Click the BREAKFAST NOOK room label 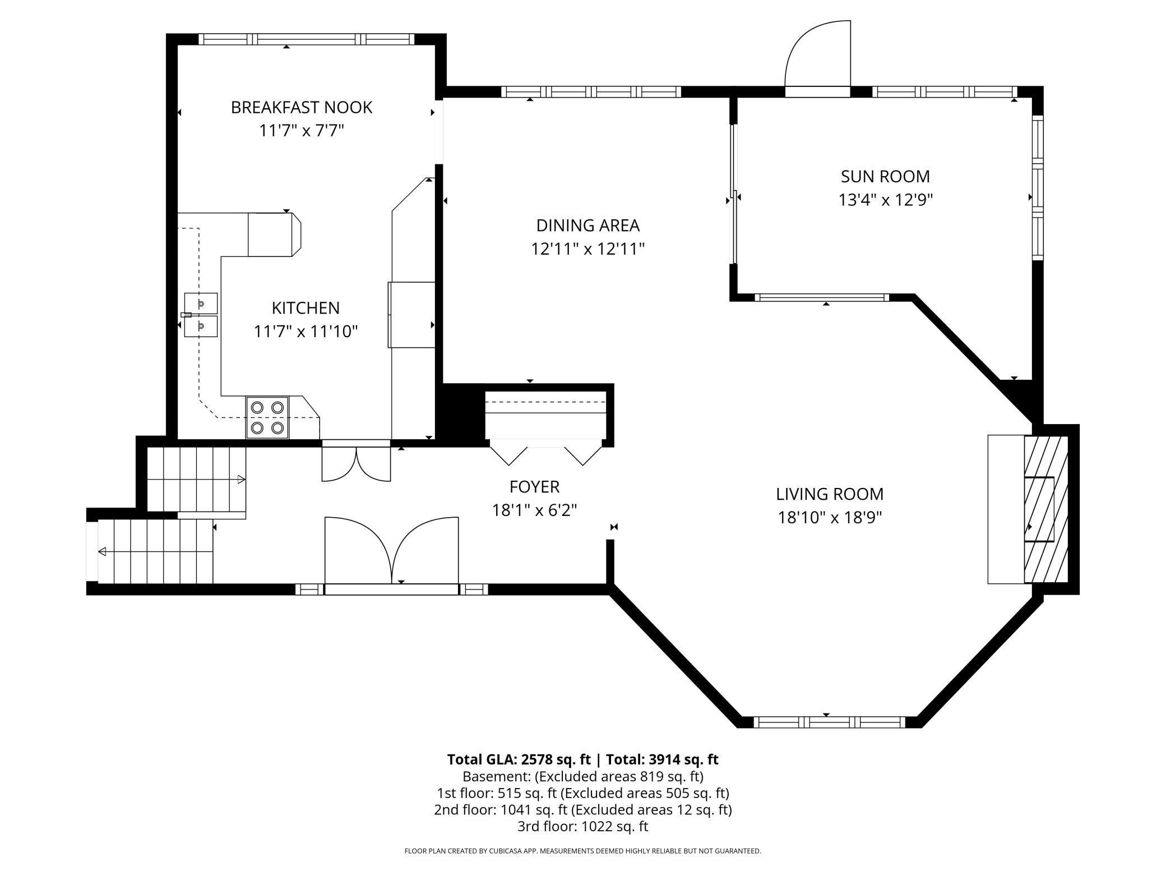click(302, 107)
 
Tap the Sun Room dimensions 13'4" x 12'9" click(885, 200)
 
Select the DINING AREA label click(587, 225)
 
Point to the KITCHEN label click(306, 308)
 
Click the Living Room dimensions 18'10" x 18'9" click(830, 517)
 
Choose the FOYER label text click(534, 486)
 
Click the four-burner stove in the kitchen click(267, 417)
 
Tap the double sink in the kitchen click(201, 315)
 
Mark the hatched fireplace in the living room click(1045, 509)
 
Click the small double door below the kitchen click(356, 463)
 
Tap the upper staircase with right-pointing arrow click(196, 479)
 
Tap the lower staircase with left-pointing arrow click(156, 552)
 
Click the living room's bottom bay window click(829, 722)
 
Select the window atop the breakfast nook click(307, 39)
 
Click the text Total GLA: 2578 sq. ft click(519, 759)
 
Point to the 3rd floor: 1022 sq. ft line click(582, 826)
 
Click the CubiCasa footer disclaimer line click(582, 851)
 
